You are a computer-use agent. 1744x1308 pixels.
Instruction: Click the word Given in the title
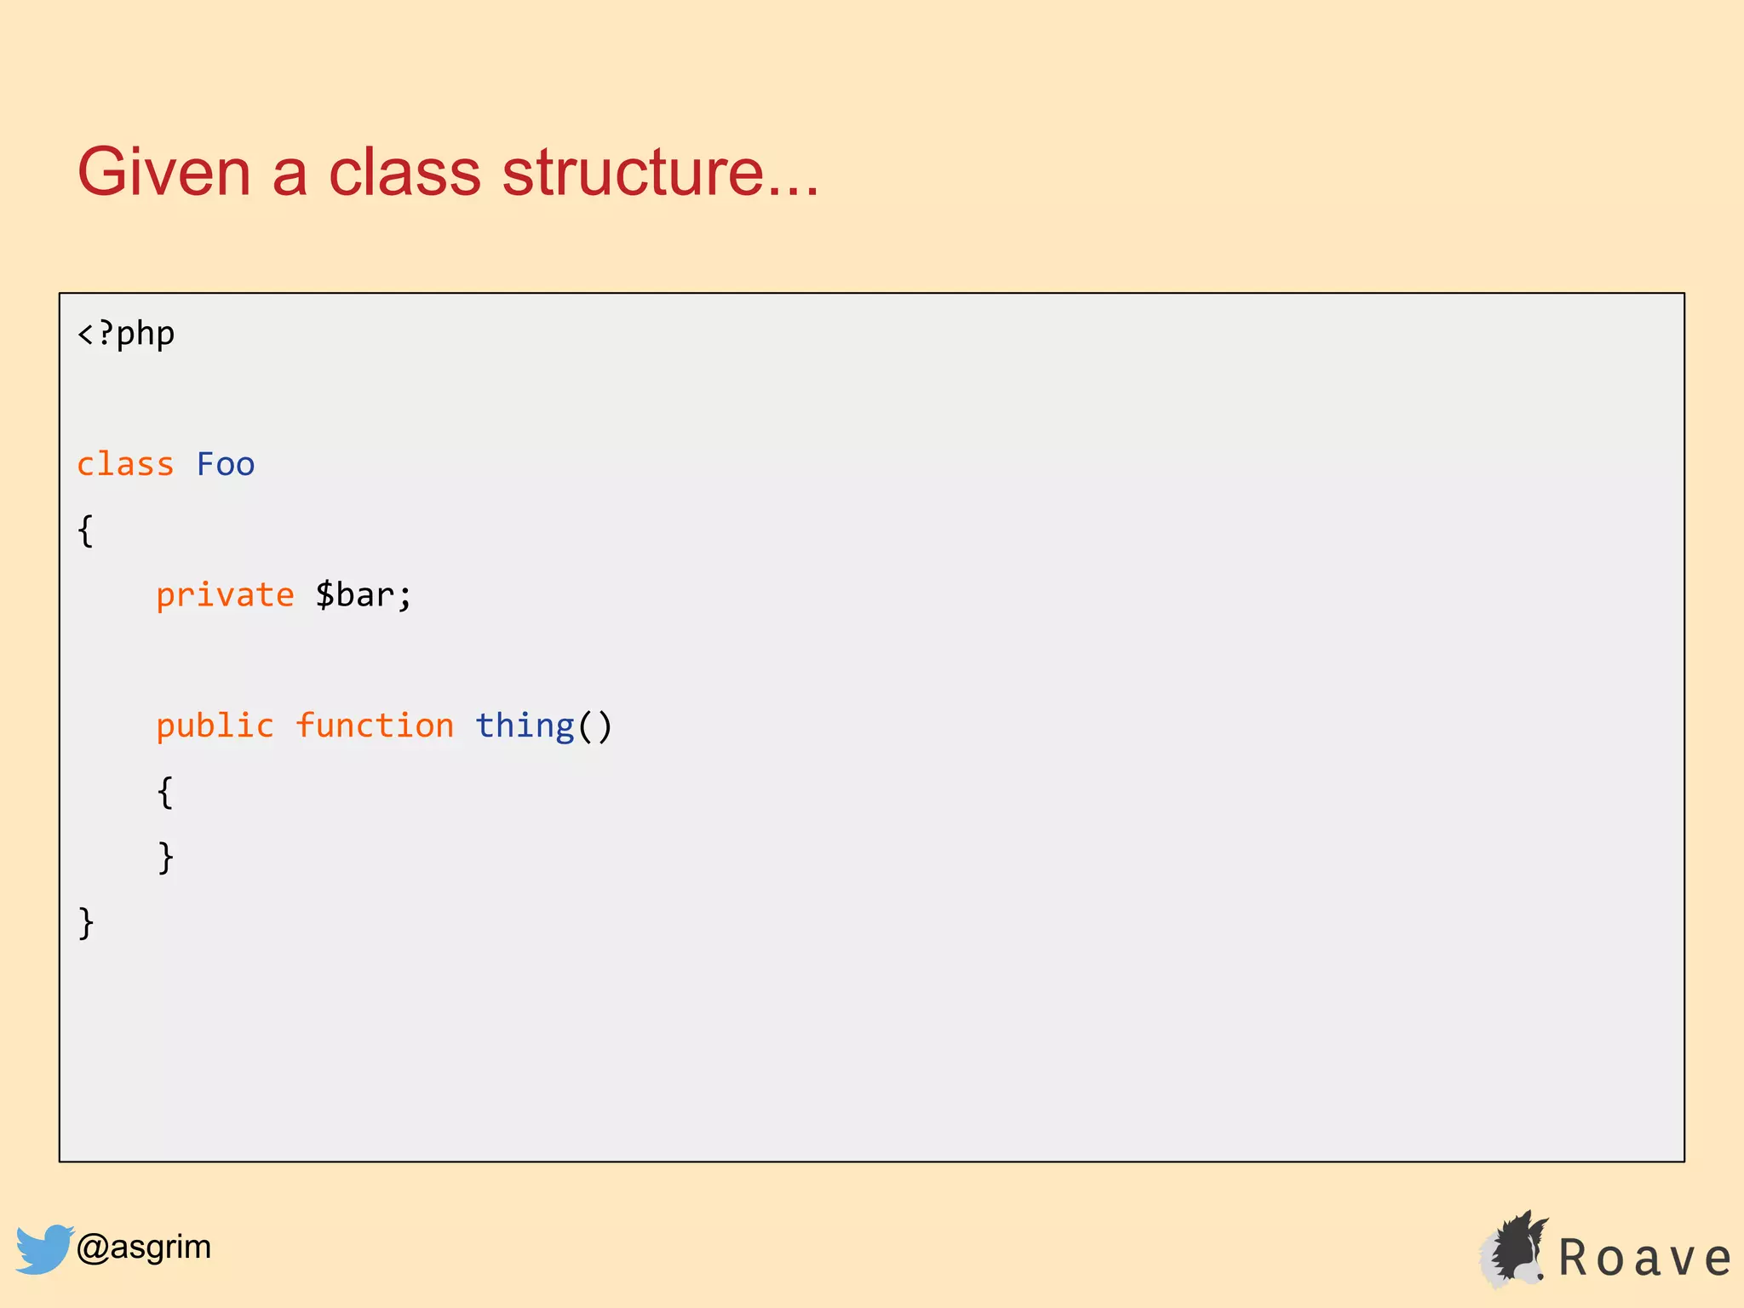coord(164,172)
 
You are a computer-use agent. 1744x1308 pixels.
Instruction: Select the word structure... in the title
coord(660,172)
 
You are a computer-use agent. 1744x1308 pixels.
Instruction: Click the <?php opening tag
coord(126,334)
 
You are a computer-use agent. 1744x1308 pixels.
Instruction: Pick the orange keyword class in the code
coord(125,465)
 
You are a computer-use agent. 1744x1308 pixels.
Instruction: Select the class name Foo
coord(226,465)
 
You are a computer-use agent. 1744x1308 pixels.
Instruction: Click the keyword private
coord(225,595)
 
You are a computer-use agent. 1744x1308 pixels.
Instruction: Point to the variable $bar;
coord(364,595)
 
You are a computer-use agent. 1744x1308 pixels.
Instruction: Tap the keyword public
coord(215,726)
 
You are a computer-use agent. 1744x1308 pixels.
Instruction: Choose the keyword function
coord(374,726)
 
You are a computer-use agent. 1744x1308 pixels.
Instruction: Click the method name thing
coord(525,726)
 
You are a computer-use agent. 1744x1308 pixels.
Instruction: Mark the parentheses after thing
coord(595,726)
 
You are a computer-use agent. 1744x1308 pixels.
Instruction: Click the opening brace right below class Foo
coord(86,531)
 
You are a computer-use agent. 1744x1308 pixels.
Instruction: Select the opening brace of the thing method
coord(165,792)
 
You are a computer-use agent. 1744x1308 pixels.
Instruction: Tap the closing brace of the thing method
coord(165,858)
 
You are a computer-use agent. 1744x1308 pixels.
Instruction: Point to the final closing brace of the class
coord(86,923)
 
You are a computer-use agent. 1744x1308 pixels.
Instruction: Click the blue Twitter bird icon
coord(43,1248)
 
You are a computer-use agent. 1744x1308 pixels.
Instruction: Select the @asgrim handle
coord(143,1248)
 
